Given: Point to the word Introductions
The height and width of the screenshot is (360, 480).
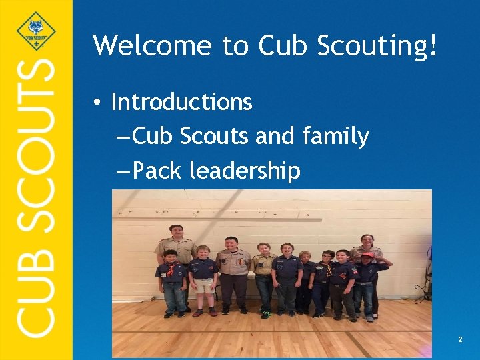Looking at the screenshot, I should [x=181, y=102].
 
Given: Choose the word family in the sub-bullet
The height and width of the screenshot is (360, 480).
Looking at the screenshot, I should [x=335, y=137].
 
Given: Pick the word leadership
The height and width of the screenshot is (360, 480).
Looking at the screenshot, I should [x=245, y=171].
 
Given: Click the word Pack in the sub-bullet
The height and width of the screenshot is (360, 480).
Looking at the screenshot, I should [x=157, y=171].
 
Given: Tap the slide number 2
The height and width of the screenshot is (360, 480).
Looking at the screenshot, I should [x=460, y=340].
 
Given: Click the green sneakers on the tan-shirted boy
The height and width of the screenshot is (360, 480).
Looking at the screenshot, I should [x=265, y=313].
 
